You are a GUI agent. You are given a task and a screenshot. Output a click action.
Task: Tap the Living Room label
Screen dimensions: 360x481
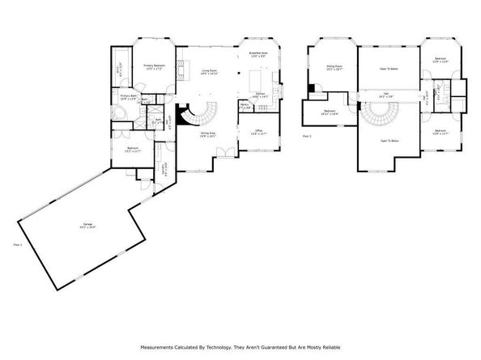coord(209,72)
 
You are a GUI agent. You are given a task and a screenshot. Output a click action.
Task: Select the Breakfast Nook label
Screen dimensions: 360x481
coord(258,54)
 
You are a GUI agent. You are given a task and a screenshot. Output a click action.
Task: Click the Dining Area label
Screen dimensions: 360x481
coord(208,134)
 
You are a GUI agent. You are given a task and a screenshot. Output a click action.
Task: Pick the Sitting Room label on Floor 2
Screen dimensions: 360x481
coord(334,67)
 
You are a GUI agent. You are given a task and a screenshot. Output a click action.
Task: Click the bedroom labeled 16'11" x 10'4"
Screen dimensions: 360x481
coord(330,112)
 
